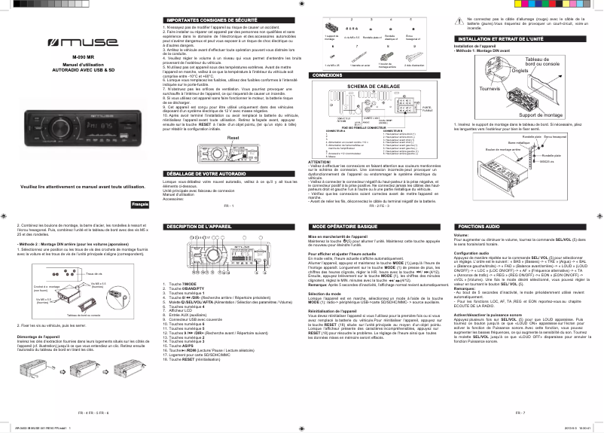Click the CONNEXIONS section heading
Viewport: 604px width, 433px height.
(x=328, y=76)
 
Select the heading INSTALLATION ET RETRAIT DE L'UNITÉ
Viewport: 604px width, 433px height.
(x=502, y=38)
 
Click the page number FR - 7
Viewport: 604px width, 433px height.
(x=520, y=413)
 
